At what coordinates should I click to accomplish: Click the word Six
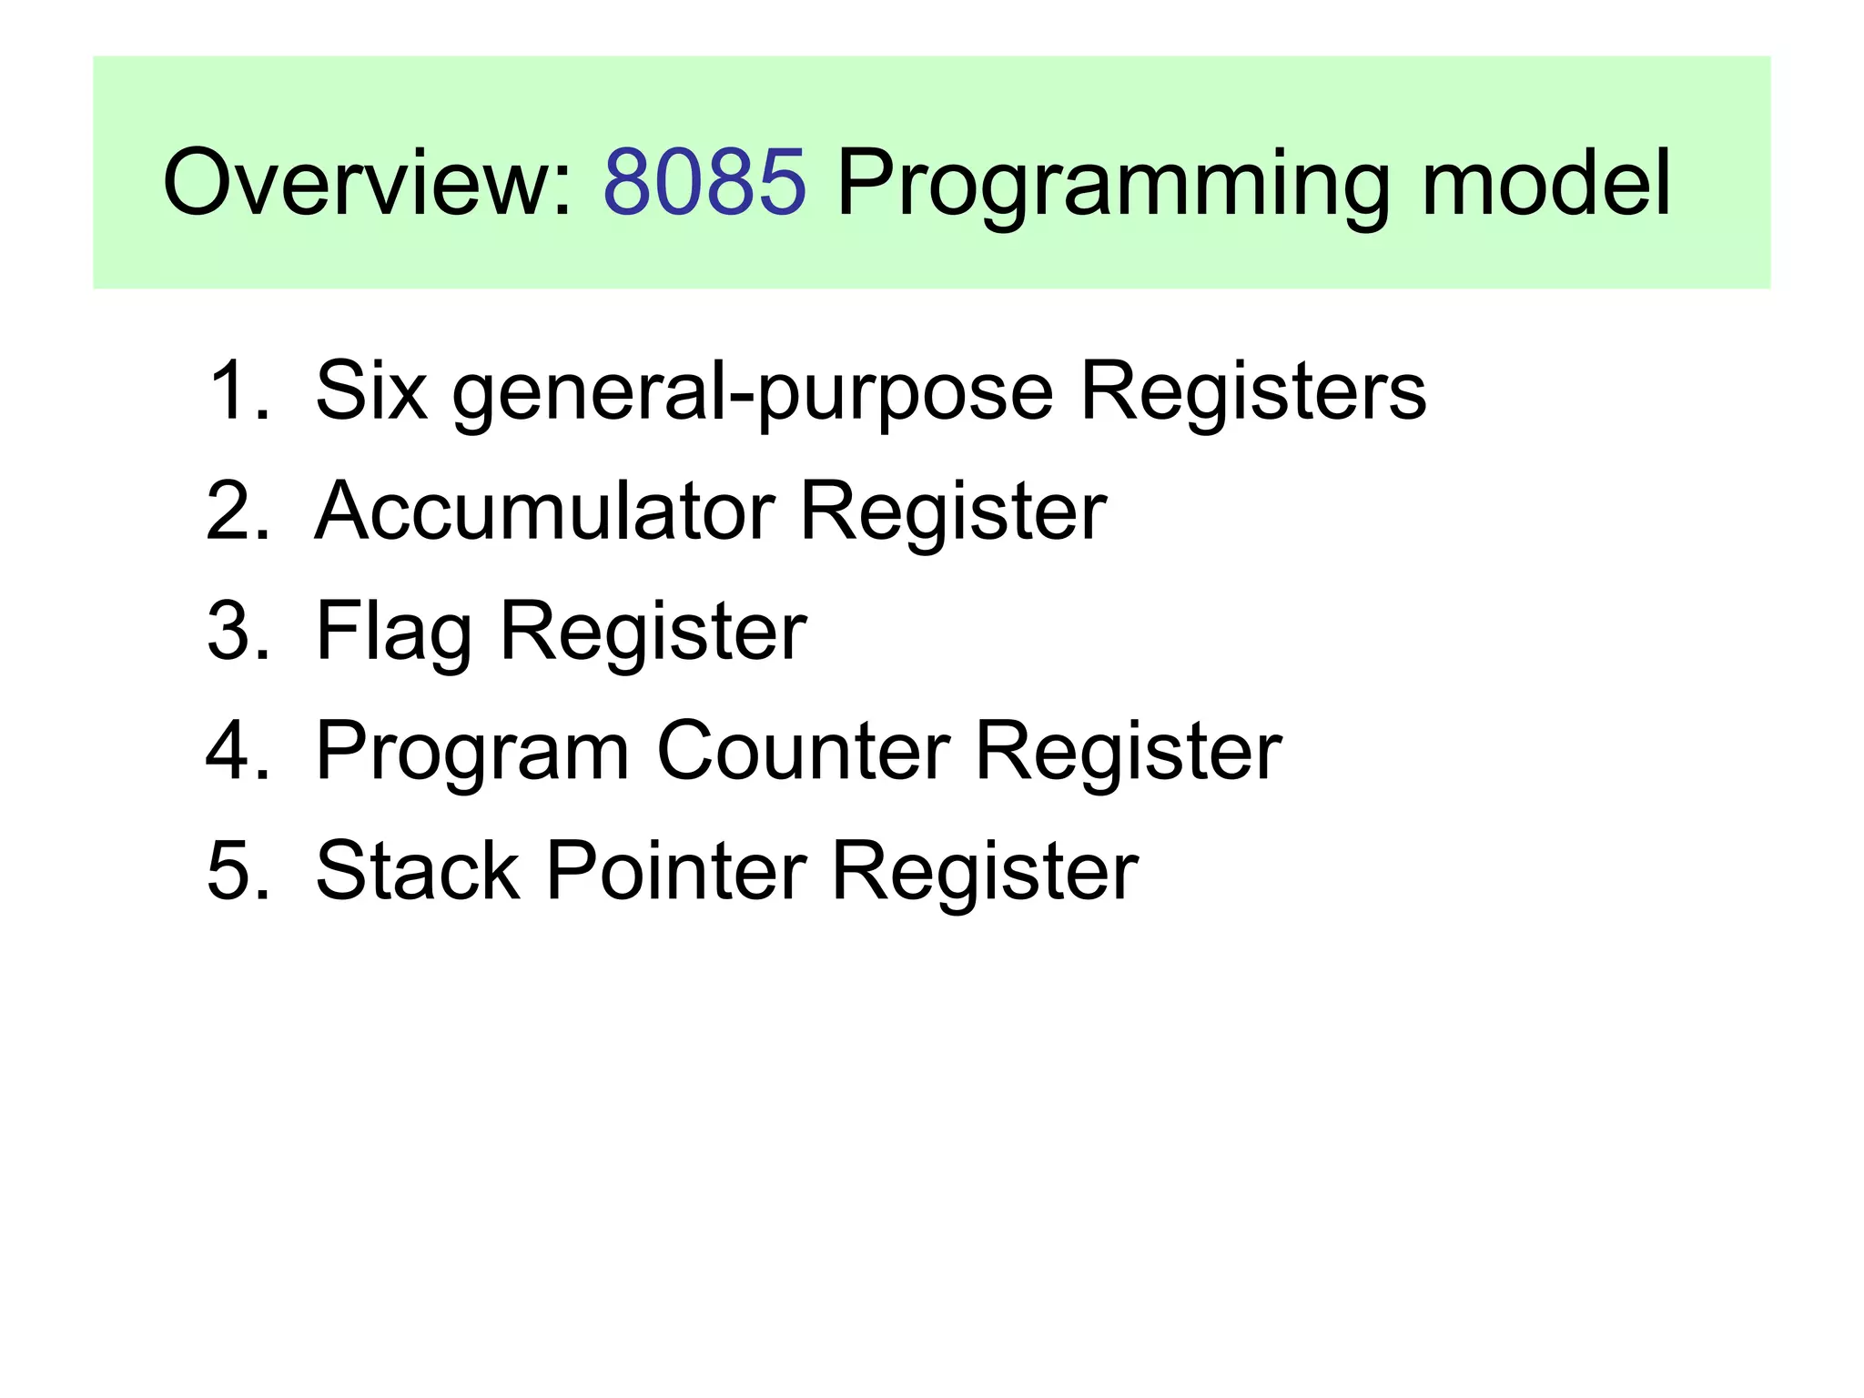pos(370,390)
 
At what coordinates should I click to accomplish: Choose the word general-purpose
pos(753,394)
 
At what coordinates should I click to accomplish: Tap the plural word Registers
pos(1252,392)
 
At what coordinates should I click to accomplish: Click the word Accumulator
pos(543,511)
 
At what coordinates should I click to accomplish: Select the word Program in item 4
pos(472,754)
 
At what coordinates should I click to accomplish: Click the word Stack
pos(418,871)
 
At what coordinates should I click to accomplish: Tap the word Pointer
pos(676,871)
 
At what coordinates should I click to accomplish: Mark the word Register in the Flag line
pos(653,633)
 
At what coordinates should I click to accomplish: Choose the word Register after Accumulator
pos(952,513)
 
